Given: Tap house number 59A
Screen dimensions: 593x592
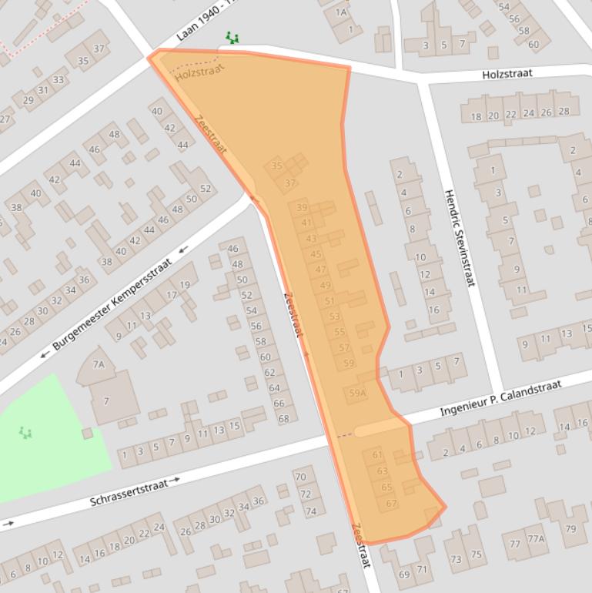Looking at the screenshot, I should click(357, 394).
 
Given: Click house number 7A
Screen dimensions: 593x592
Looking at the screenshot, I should click(99, 364).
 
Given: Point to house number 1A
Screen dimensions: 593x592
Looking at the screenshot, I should click(342, 12).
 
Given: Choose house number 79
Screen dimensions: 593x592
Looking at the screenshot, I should click(570, 529).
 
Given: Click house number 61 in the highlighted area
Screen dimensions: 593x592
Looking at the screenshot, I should click(377, 455).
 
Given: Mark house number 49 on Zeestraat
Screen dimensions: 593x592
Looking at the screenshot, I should click(326, 286).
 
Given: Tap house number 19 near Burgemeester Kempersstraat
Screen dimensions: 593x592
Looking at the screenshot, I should click(185, 286).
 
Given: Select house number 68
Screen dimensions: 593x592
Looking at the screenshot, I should click(283, 418).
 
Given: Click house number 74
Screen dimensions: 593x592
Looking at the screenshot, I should click(311, 511).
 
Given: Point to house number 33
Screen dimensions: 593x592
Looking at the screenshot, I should click(59, 79).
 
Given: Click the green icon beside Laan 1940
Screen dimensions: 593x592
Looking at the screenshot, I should click(232, 37).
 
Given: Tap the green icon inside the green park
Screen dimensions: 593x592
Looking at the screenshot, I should click(26, 433).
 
